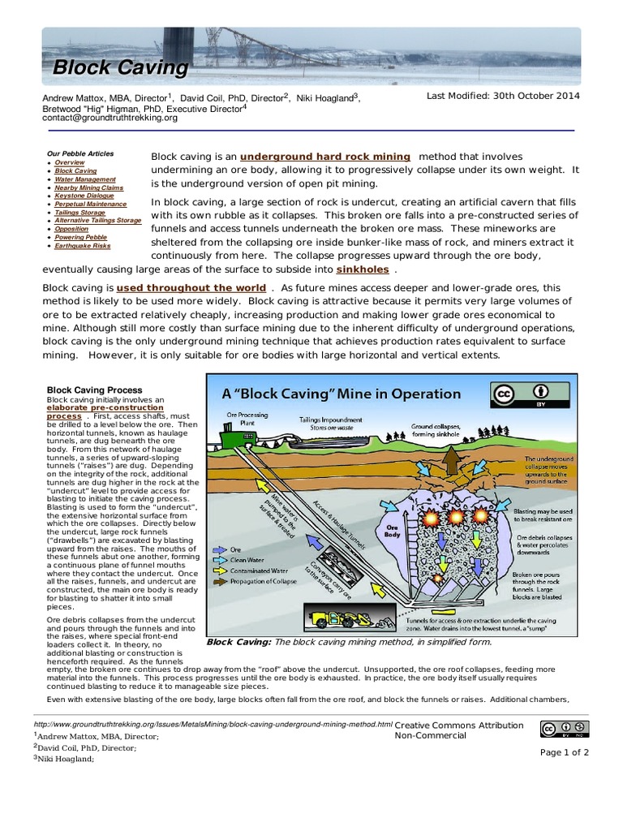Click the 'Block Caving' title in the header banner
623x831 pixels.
pyautogui.click(x=120, y=67)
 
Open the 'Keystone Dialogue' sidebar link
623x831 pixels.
pyautogui.click(x=85, y=196)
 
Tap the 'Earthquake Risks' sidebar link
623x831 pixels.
pyautogui.click(x=83, y=246)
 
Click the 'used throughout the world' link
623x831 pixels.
pyautogui.click(x=191, y=288)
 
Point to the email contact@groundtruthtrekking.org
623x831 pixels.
pyautogui.click(x=110, y=118)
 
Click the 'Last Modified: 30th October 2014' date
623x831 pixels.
pyautogui.click(x=503, y=96)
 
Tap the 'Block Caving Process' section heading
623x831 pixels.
pyautogui.click(x=94, y=390)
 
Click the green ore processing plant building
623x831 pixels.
pyautogui.click(x=230, y=439)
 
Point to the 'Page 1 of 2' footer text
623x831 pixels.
pyautogui.click(x=565, y=752)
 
